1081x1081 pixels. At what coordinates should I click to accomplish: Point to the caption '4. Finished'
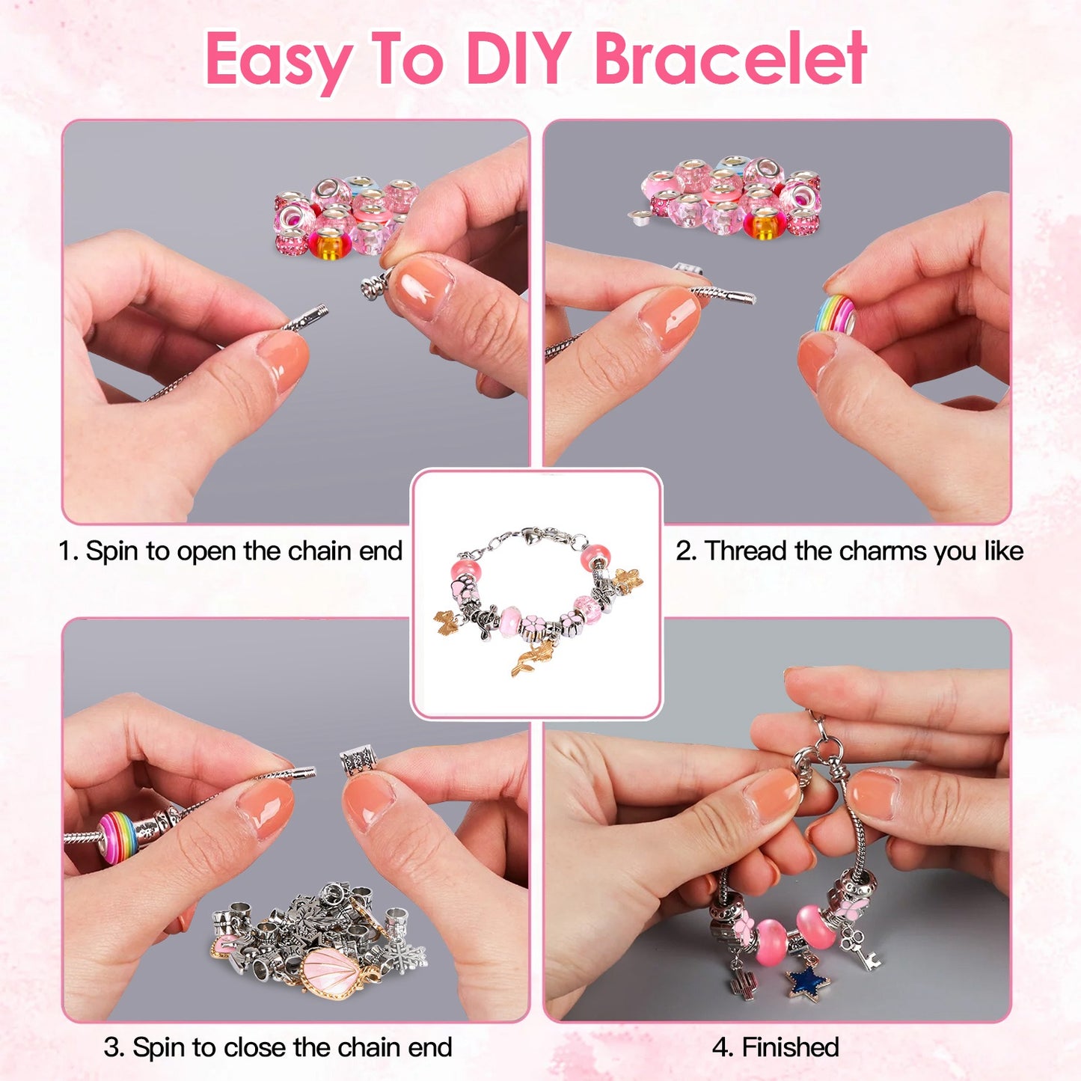point(775,1047)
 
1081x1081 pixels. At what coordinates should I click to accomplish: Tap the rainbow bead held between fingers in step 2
point(835,314)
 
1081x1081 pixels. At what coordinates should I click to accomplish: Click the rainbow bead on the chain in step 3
point(118,837)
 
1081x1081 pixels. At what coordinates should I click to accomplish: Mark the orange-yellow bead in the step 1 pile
point(330,245)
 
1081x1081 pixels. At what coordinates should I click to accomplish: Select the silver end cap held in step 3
point(359,764)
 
